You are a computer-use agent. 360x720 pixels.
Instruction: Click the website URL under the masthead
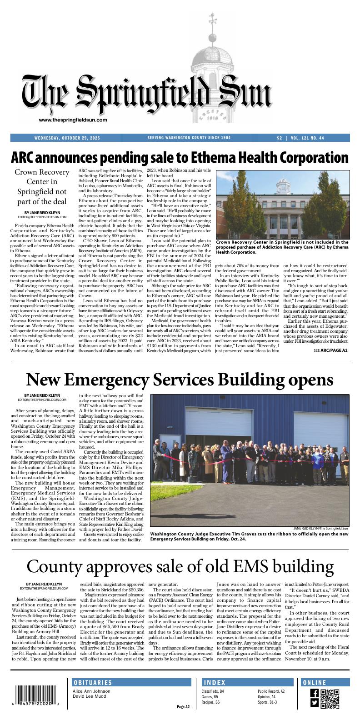click(x=73, y=120)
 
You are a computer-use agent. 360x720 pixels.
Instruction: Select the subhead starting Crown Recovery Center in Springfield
click(x=42, y=187)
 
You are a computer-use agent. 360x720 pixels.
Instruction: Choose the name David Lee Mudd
click(x=90, y=696)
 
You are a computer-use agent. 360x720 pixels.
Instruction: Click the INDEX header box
click(x=247, y=683)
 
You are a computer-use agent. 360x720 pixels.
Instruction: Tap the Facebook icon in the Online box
click(x=314, y=693)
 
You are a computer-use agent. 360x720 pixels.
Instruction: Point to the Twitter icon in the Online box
click(x=314, y=703)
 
